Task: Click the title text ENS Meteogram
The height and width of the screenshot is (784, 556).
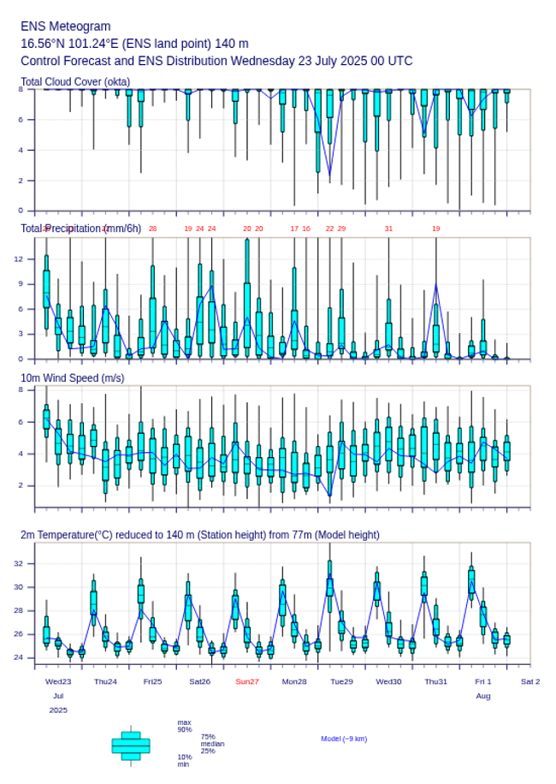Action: tap(66, 27)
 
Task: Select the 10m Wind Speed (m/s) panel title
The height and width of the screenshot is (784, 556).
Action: tap(73, 377)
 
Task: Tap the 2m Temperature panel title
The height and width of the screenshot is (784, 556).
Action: tap(200, 535)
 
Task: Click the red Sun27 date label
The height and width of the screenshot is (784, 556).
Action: tap(247, 681)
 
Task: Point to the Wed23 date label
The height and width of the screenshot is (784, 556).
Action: tap(58, 681)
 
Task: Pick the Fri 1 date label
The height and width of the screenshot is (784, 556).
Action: tap(483, 681)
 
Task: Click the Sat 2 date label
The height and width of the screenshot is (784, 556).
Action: tap(530, 681)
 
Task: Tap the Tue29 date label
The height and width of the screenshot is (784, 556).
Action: tap(341, 681)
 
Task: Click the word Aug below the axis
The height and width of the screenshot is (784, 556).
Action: tap(483, 696)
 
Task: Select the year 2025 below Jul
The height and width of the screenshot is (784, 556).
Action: tap(58, 710)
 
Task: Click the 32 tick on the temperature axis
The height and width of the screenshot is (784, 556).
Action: tap(29, 563)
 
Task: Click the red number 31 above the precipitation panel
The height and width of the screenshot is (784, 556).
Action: tap(388, 229)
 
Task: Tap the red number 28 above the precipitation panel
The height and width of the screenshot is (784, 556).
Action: tap(152, 229)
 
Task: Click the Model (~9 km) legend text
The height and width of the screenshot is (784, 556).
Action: tap(344, 739)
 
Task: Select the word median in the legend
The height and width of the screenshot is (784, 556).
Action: tap(212, 744)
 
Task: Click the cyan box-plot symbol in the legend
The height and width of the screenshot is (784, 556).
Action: tap(131, 745)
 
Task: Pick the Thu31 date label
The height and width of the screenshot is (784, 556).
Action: tap(436, 681)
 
